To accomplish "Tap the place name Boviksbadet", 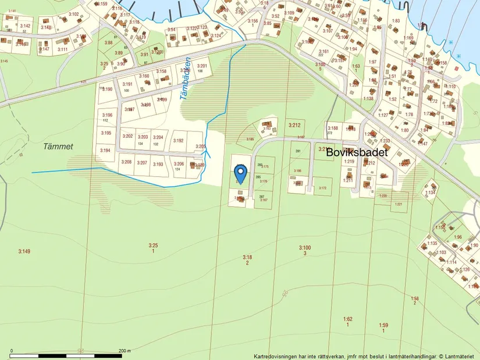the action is coord(356,152).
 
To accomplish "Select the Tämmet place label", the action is coord(58,147).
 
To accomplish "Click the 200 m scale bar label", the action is coord(125,351).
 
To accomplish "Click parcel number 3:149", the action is coord(24,251).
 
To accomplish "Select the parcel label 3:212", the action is coord(294,125).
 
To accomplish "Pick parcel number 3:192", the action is coord(178,141).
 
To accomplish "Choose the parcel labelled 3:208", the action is coord(126,162).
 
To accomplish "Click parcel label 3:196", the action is coord(107,115).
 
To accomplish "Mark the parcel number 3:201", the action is coord(202,66).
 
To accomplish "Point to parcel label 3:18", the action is coord(247,257).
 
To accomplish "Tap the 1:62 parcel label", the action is coord(347,319).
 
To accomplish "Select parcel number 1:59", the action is coord(383,325).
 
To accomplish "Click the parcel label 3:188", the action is coord(333,128).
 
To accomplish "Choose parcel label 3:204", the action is coord(158,137).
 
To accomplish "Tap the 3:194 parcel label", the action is coord(105,151).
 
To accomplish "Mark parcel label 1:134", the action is coord(430,193).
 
